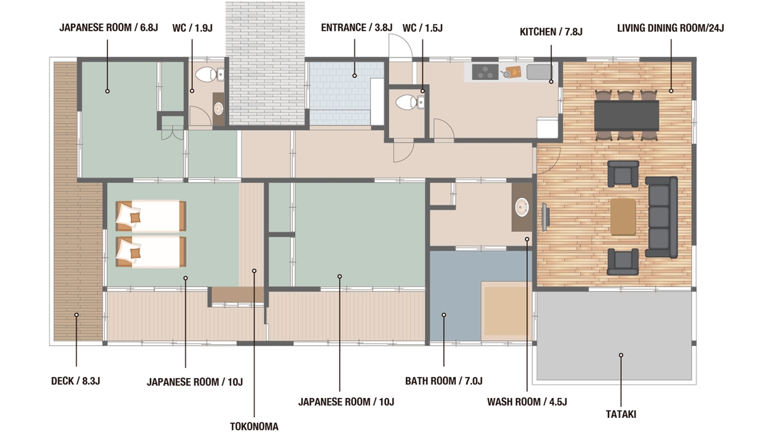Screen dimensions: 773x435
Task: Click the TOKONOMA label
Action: tap(254, 426)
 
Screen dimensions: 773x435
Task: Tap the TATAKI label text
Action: tap(621, 414)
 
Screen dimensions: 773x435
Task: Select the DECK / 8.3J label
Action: tap(75, 381)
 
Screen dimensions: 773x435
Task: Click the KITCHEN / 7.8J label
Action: tap(551, 32)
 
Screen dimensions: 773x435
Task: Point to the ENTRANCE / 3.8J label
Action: tap(357, 28)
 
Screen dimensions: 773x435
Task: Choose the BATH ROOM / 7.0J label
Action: tap(444, 381)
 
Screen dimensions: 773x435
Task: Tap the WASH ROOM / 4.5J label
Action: tap(527, 402)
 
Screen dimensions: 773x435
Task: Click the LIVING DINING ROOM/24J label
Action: tap(671, 28)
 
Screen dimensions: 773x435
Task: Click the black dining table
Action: tap(626, 115)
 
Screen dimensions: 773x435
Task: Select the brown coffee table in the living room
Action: tap(623, 217)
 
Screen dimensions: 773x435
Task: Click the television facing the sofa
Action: tap(545, 217)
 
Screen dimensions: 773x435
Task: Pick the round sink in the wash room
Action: tap(522, 207)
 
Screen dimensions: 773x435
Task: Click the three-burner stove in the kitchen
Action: tap(485, 72)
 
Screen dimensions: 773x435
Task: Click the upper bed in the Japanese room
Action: tap(151, 216)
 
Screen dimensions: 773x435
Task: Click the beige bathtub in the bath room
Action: tap(506, 309)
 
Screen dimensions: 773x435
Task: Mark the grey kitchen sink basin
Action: tap(539, 72)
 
